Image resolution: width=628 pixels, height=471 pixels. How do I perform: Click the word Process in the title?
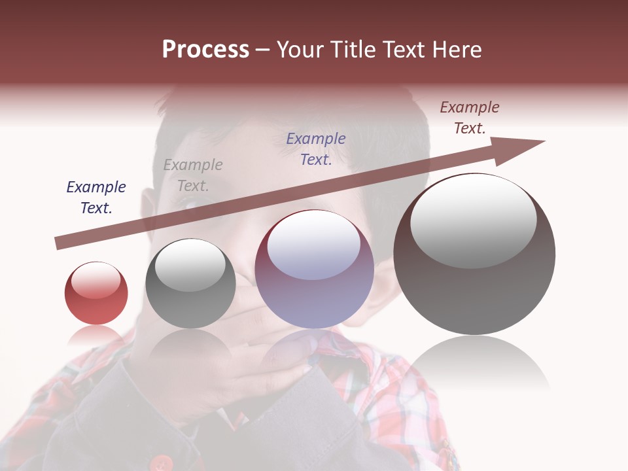click(x=205, y=50)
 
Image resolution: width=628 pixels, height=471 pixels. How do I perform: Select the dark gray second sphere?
click(x=190, y=288)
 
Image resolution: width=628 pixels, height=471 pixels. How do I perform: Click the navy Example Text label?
click(x=96, y=197)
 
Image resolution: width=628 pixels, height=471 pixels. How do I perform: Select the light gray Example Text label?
click(x=193, y=175)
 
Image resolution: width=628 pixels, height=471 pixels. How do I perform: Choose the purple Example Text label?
click(x=316, y=148)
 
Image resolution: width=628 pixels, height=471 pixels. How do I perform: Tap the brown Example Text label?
click(x=469, y=118)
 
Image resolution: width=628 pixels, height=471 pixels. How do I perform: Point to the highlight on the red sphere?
click(x=96, y=280)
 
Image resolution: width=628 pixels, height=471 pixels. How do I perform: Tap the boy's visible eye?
click(x=190, y=203)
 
